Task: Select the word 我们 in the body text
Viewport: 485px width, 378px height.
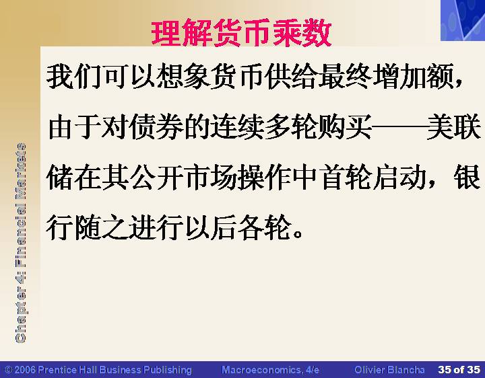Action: [73, 76]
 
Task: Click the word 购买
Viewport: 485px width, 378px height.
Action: [345, 126]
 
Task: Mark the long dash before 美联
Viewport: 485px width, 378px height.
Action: [399, 126]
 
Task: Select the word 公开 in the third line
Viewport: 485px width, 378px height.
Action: [156, 178]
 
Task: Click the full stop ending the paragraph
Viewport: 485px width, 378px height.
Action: [298, 234]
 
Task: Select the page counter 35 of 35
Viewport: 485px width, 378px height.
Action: [459, 370]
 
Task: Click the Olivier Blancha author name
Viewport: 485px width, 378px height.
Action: [389, 370]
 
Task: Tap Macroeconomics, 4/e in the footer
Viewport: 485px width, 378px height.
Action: [270, 370]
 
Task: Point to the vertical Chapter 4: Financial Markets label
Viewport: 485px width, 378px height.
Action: [20, 243]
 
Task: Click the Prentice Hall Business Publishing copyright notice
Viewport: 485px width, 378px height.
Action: [98, 370]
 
